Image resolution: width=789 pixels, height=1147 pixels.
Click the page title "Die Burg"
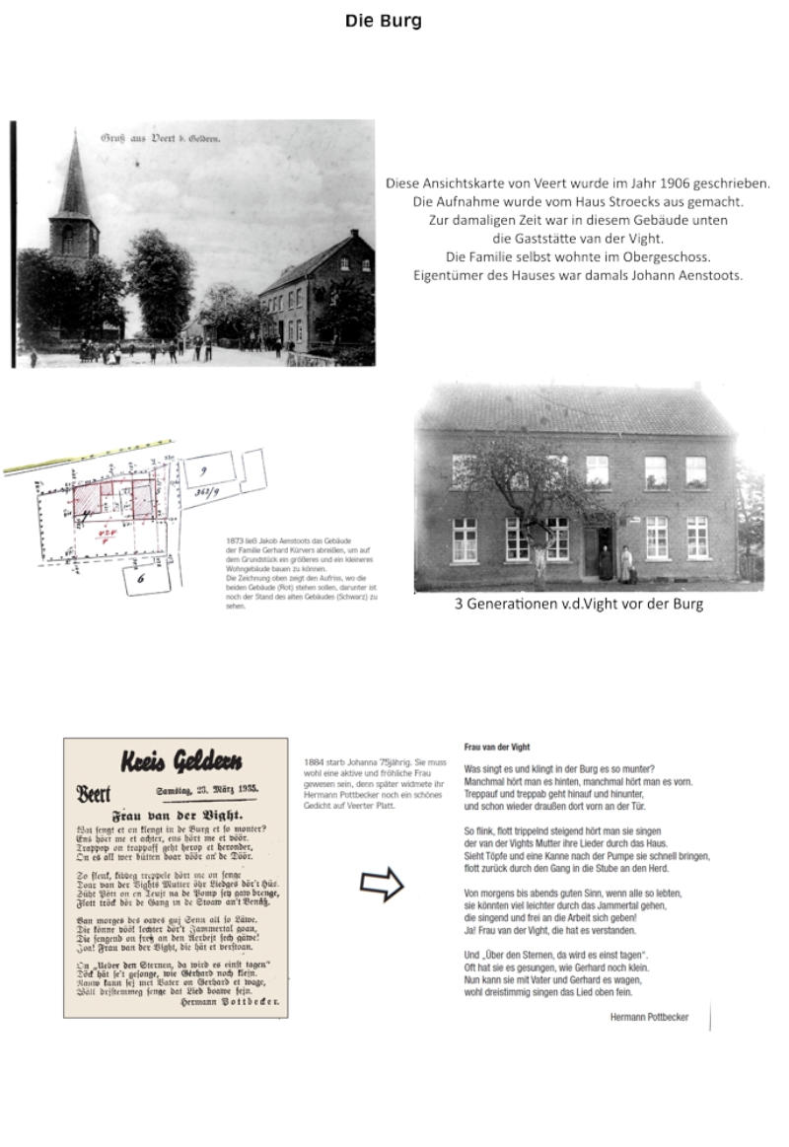[x=384, y=21]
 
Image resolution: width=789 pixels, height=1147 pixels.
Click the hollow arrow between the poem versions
[x=382, y=885]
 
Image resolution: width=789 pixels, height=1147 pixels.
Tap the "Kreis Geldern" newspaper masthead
[x=180, y=762]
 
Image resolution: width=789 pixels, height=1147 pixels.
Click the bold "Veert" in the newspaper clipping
[x=94, y=795]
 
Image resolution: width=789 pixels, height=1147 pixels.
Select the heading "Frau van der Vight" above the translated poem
[x=496, y=748]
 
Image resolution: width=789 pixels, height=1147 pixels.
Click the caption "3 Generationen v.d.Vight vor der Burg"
[x=578, y=604]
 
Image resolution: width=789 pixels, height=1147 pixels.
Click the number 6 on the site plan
[x=140, y=578]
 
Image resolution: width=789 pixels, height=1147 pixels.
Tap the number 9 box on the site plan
[x=202, y=471]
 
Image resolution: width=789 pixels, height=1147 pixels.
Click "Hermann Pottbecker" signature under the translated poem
[x=649, y=1017]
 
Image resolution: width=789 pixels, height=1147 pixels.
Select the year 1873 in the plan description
[x=235, y=541]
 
